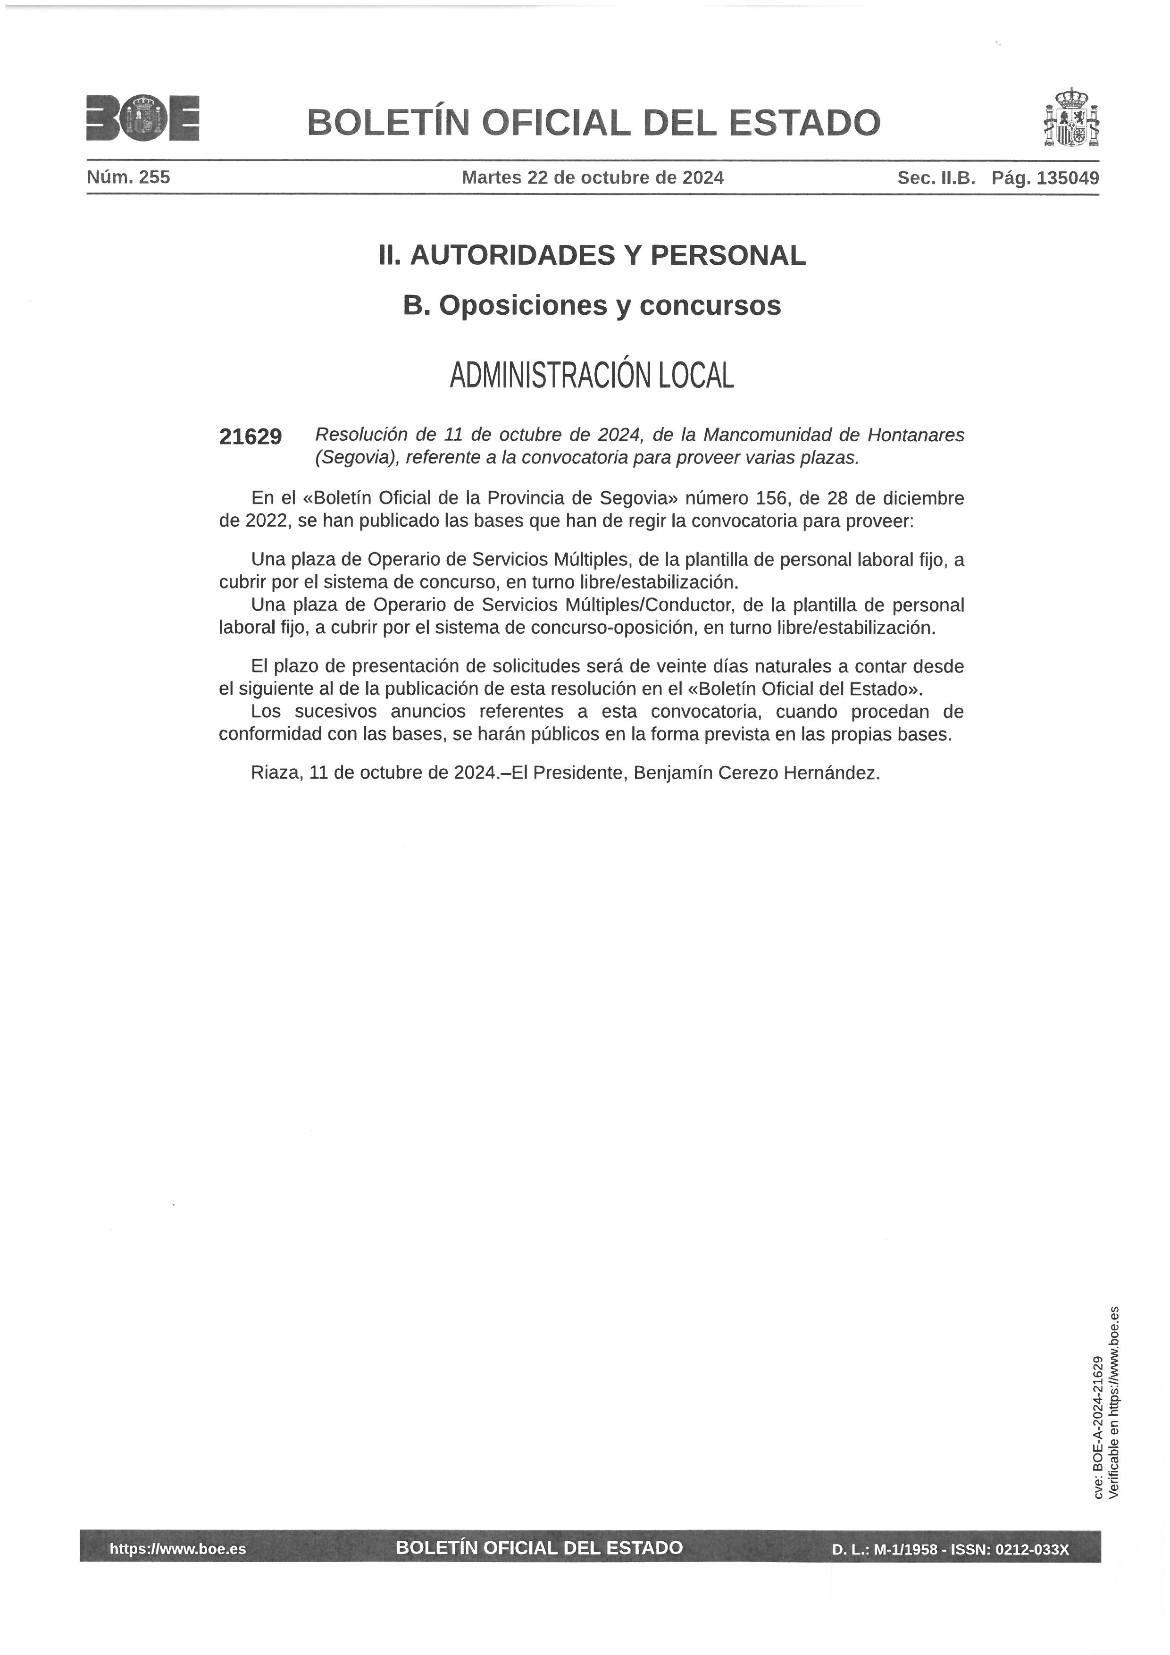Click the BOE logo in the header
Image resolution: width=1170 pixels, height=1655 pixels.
coord(142,118)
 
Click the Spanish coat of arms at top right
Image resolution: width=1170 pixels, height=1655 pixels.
coord(1073,118)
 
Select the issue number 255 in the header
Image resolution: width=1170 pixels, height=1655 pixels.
coord(154,177)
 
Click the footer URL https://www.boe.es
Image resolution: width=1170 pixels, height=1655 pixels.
coord(177,1548)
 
